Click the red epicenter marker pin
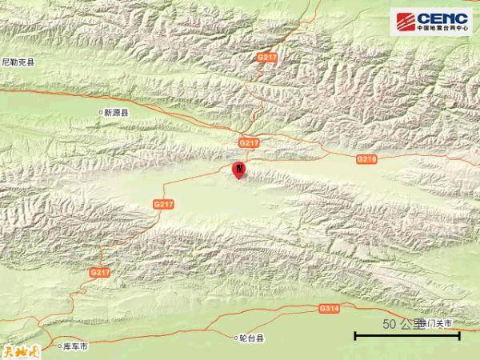click(x=238, y=170)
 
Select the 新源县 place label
click(x=116, y=114)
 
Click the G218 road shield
click(x=366, y=160)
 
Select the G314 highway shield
click(x=329, y=308)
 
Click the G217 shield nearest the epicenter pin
click(x=250, y=142)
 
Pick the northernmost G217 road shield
click(x=266, y=58)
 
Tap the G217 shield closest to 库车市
click(x=100, y=273)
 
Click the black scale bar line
click(x=407, y=335)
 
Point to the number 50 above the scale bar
click(x=390, y=324)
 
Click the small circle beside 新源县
click(x=101, y=114)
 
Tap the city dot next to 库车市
click(x=58, y=346)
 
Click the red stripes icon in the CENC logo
click(x=404, y=19)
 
